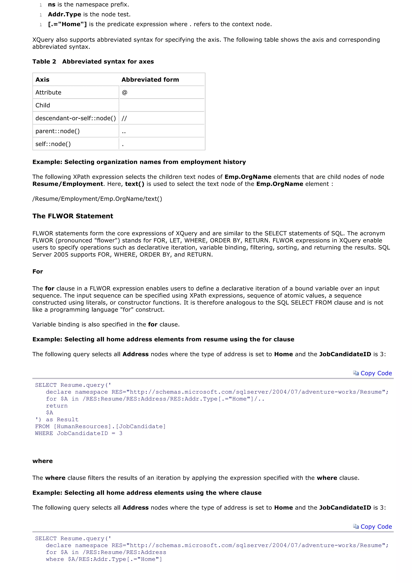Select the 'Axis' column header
pos(42,80)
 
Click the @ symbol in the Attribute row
pos(124,92)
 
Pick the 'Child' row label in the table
pos(43,105)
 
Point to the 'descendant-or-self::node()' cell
pos(76,118)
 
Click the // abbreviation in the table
pos(124,118)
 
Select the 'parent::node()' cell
pos(58,131)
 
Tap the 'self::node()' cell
pos(53,144)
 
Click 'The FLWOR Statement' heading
pos(73,216)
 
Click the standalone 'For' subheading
pos(38,271)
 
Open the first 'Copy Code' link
pos(376,373)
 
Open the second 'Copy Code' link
pos(376,527)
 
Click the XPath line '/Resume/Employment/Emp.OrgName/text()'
pos(97,199)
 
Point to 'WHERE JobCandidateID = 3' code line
pos(79,433)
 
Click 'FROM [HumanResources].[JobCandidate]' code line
pos(100,427)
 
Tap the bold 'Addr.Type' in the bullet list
pos(64,14)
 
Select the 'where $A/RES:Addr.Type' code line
pos(104,559)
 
